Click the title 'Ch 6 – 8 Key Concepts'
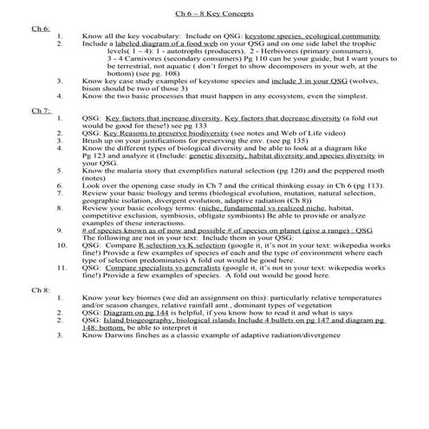213,15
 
